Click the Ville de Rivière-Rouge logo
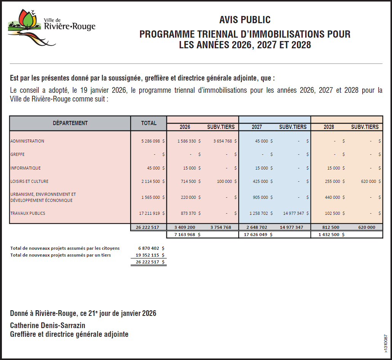click(x=51, y=27)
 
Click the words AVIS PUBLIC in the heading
click(x=245, y=20)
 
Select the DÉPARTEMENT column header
click(x=70, y=123)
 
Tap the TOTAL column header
click(x=149, y=123)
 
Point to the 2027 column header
click(x=257, y=127)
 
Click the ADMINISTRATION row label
click(x=27, y=141)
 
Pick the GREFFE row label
click(x=18, y=154)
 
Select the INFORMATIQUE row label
click(x=25, y=168)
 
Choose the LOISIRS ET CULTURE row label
click(x=29, y=181)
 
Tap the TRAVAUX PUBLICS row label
click(x=28, y=213)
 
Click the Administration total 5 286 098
click(x=151, y=141)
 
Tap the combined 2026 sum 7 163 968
click(x=185, y=235)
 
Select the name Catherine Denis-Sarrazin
click(x=48, y=325)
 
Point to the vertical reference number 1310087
click(x=386, y=344)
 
